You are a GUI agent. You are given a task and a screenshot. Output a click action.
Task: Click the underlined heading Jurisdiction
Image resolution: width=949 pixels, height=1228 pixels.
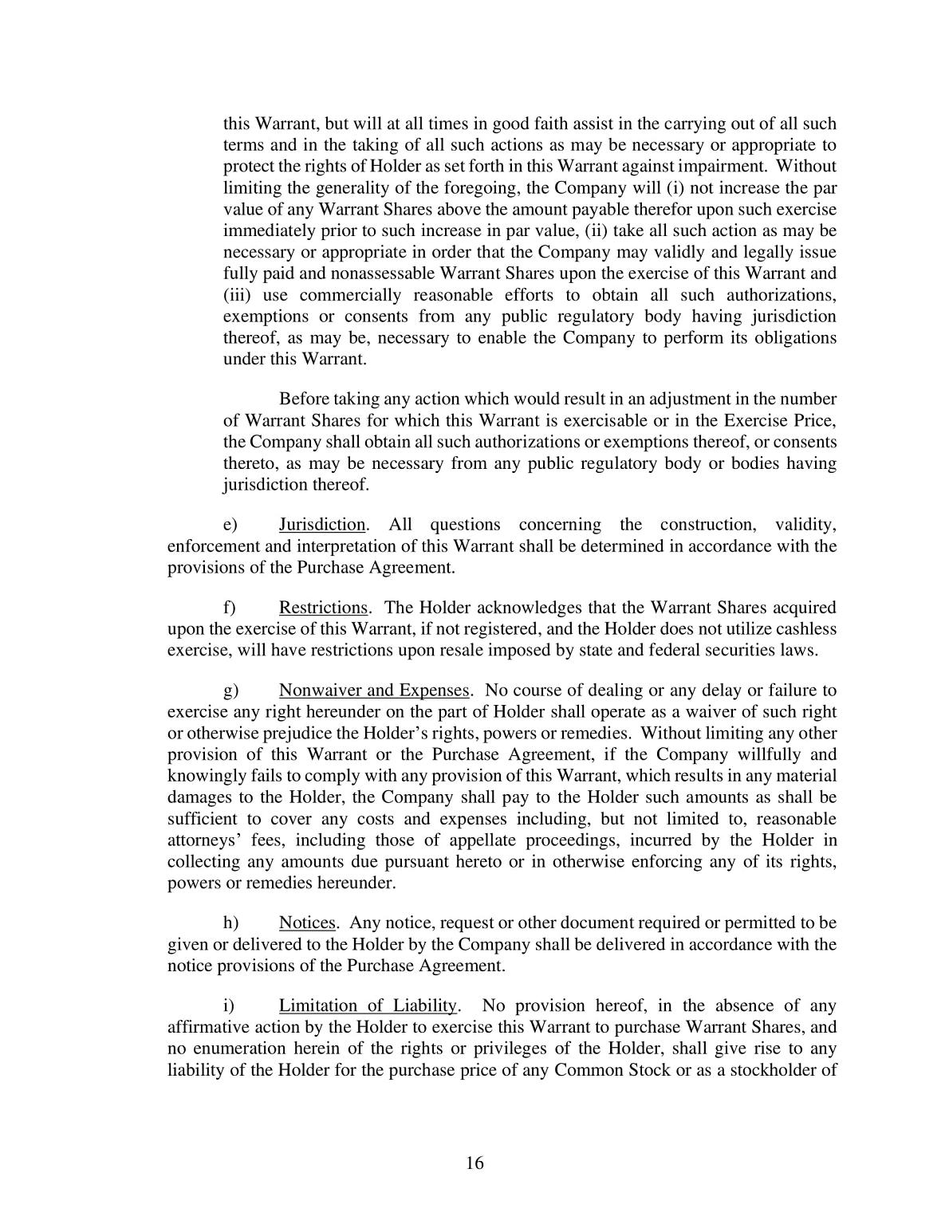(x=322, y=525)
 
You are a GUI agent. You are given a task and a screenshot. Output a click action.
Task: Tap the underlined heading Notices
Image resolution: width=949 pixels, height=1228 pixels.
(x=307, y=923)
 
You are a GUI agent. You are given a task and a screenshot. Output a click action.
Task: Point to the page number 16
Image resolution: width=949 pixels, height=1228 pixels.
(x=475, y=1163)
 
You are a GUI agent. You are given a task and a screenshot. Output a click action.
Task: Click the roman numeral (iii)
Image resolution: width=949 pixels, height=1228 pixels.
(x=237, y=295)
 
